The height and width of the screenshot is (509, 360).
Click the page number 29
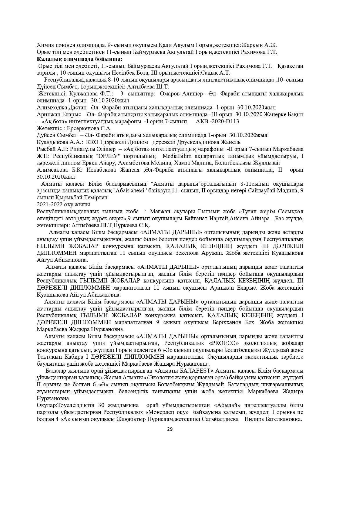(170, 430)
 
